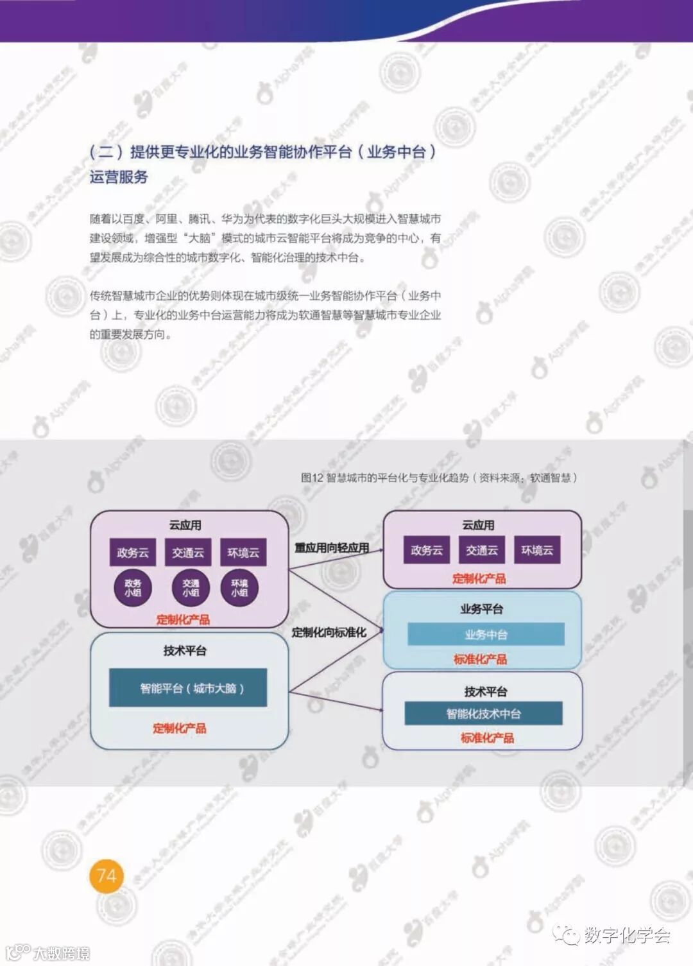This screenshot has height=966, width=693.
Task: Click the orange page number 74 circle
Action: (x=107, y=875)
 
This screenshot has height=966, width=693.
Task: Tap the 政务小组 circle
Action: (x=133, y=588)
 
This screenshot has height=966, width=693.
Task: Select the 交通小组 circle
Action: (x=191, y=588)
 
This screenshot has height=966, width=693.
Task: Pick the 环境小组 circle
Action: (x=239, y=588)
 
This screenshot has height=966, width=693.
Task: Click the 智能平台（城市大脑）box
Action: (x=187, y=688)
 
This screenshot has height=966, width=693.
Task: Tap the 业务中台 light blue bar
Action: (x=486, y=634)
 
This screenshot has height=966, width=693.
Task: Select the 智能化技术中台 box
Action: (x=483, y=713)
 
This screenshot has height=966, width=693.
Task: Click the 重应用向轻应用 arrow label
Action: (x=332, y=548)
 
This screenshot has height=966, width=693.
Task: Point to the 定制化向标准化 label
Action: (x=329, y=632)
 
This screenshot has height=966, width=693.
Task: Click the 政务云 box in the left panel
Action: (x=133, y=553)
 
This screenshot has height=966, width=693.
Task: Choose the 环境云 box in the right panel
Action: (x=537, y=550)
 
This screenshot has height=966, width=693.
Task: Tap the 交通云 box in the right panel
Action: (x=482, y=550)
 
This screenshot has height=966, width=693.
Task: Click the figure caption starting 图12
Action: (x=439, y=478)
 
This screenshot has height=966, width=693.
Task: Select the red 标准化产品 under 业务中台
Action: (x=480, y=659)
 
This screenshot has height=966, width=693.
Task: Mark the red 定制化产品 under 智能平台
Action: (x=180, y=728)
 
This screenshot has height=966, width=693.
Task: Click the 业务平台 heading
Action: (x=481, y=608)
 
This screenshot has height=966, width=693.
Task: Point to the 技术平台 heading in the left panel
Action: (x=185, y=651)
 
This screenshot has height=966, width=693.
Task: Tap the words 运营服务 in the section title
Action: (x=119, y=177)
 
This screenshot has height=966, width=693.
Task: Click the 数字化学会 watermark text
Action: (x=626, y=935)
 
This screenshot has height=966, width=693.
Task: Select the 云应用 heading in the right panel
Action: (x=478, y=525)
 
